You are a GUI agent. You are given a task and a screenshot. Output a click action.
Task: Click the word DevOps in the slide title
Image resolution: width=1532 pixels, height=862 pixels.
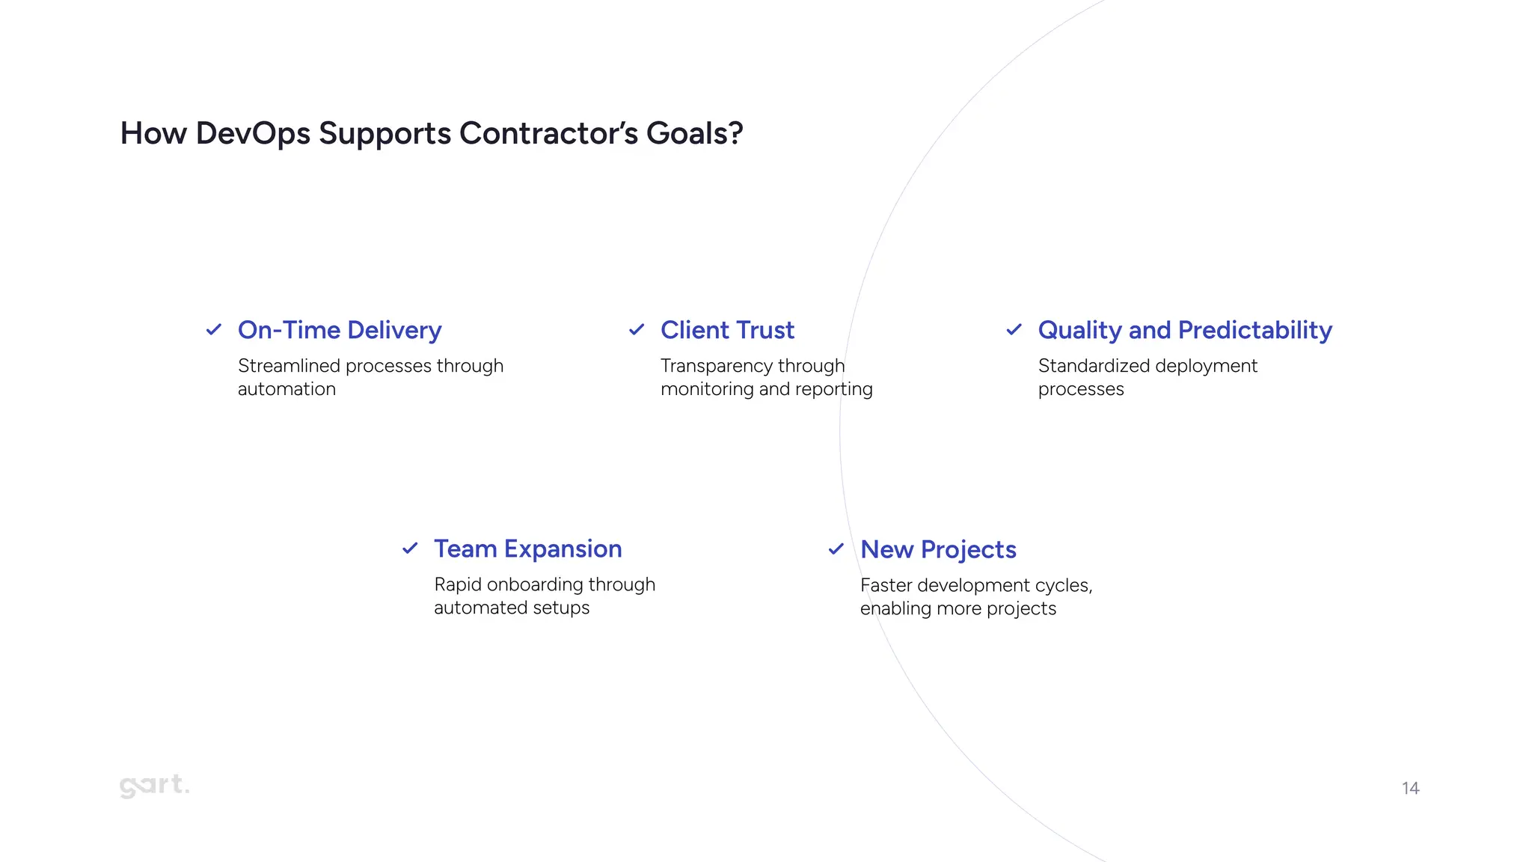pos(253,134)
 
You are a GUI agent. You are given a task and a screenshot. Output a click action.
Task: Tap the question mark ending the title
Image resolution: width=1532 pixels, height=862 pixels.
pos(736,134)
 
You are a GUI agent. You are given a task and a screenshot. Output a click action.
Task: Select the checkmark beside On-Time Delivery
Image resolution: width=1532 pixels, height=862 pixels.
pos(214,329)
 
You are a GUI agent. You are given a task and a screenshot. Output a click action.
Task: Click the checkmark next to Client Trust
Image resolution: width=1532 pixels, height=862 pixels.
pos(637,329)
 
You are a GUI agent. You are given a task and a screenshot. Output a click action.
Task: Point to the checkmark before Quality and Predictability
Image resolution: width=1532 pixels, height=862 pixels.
pos(1014,329)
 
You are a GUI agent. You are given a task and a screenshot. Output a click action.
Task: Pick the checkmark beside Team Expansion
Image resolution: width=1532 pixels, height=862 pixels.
pos(410,548)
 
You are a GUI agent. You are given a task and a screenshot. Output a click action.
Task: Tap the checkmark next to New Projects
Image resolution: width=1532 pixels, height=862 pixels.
pos(836,549)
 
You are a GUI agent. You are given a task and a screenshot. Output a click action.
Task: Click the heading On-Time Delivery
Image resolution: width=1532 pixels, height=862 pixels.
pos(340,330)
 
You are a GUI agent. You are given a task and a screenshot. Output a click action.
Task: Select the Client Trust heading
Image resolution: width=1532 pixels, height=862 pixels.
pos(727,330)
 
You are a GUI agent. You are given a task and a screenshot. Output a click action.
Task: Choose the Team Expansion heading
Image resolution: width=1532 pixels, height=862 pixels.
pos(527,549)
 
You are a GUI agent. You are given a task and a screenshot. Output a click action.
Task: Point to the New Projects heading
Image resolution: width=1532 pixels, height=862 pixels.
pos(938,550)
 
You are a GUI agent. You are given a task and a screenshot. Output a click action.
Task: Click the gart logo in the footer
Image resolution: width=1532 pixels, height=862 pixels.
pos(154,786)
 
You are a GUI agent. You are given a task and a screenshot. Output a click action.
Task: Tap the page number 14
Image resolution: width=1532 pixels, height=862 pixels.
pos(1410,788)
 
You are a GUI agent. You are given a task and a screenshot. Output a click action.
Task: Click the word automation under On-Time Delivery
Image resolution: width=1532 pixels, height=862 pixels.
pos(287,389)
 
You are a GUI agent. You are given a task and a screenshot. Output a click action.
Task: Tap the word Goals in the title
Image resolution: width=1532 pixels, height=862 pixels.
pos(687,134)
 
